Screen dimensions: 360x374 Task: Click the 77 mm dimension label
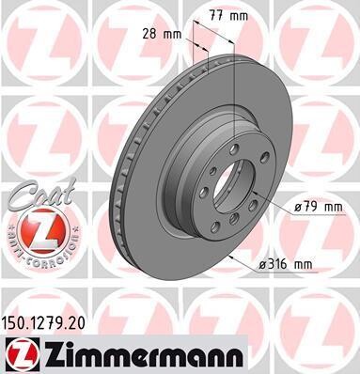point(228,16)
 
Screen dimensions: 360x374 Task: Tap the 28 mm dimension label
point(162,34)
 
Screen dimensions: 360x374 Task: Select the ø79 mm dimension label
point(319,207)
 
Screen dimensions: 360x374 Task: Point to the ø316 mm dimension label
point(286,265)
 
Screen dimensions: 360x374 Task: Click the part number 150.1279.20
point(43,323)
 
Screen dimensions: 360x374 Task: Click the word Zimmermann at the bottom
point(143,355)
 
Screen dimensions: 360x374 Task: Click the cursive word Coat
point(42,195)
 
